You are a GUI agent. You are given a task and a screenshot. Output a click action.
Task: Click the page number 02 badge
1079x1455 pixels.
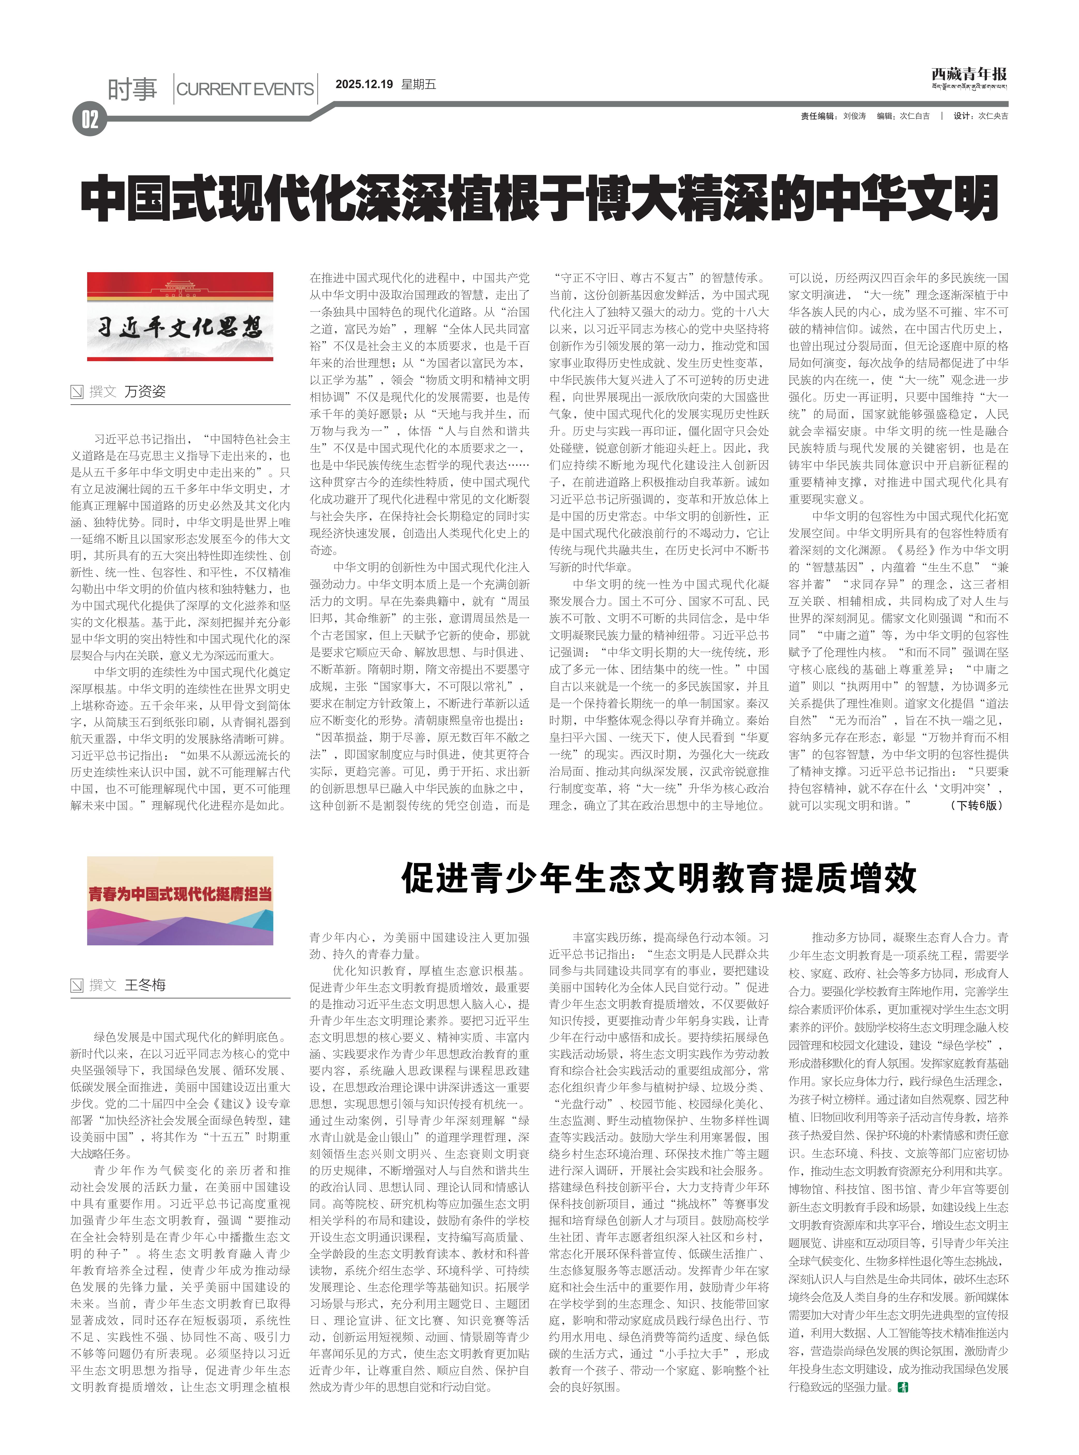pyautogui.click(x=89, y=120)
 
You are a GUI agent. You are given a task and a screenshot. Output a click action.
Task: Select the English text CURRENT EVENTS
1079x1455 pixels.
pyautogui.click(x=245, y=90)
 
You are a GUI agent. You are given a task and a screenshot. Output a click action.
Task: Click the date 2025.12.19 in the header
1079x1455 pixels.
pyautogui.click(x=364, y=84)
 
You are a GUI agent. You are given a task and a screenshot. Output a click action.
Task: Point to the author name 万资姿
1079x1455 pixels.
pyautogui.click(x=145, y=391)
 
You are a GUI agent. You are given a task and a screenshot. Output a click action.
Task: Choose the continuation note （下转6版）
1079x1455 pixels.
pyautogui.click(x=976, y=806)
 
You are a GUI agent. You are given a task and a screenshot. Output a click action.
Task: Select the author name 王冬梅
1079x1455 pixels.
pyautogui.click(x=145, y=985)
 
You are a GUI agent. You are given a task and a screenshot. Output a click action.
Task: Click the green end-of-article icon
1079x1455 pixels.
pyautogui.click(x=903, y=1386)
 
